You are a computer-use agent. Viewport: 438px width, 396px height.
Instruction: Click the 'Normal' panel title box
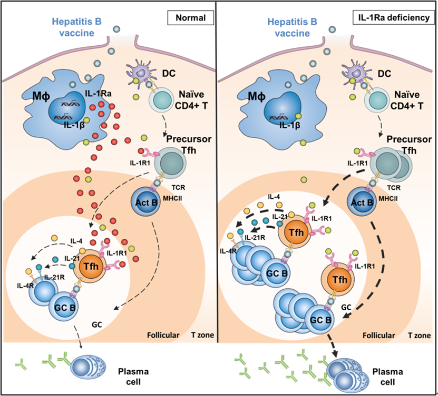(190, 18)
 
